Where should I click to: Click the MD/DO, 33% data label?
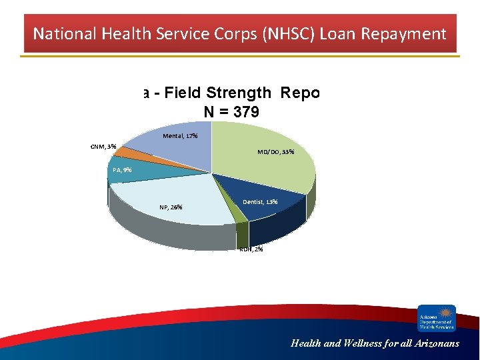tap(276, 152)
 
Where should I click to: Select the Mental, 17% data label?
tap(180, 136)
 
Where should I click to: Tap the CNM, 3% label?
tap(103, 147)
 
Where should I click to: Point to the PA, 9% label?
tap(122, 170)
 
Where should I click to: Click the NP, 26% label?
tap(171, 207)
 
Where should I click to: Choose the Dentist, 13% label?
tap(261, 201)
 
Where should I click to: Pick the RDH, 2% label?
tap(251, 249)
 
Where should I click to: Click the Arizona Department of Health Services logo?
tap(437, 318)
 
